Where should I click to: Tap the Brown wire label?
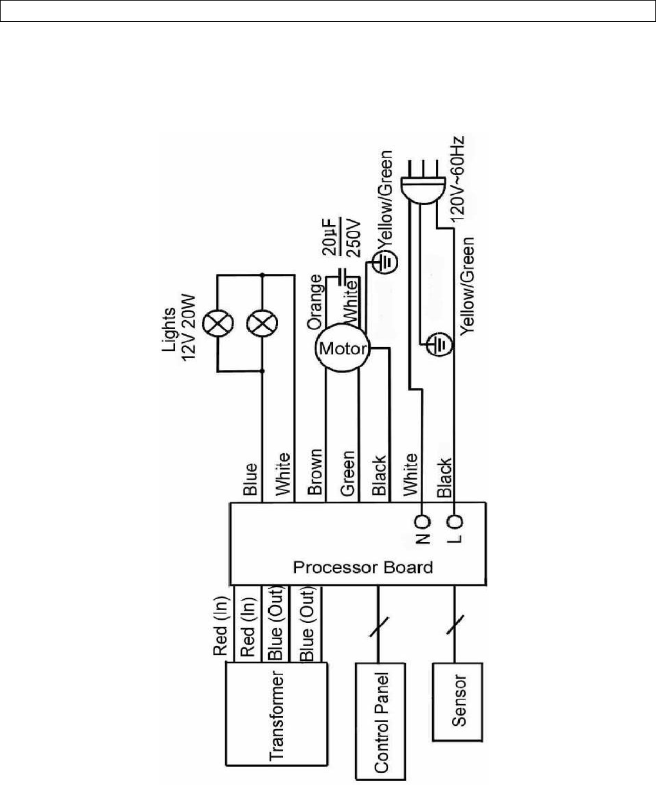(315, 476)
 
